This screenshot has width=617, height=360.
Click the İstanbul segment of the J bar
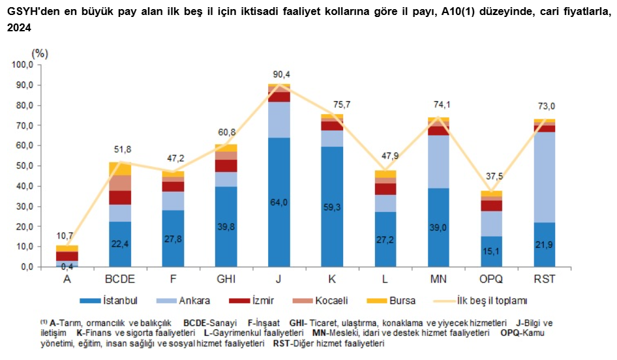(278, 202)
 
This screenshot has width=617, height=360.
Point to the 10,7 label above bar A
(67, 235)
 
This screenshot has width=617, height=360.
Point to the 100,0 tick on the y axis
(22, 65)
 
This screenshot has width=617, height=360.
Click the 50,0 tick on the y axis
(23, 166)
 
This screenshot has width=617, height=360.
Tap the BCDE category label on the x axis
(119, 278)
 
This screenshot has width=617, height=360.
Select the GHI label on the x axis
(226, 278)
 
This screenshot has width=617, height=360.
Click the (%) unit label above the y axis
(40, 53)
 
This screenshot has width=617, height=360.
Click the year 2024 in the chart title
(20, 27)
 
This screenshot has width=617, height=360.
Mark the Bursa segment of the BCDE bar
(119, 169)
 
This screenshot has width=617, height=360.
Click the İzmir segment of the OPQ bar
(491, 205)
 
